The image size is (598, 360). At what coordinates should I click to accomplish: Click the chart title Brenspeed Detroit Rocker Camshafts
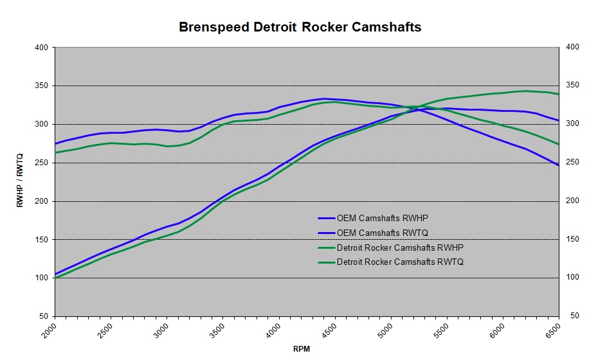(300, 28)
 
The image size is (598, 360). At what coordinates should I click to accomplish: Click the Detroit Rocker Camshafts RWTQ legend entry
(400, 262)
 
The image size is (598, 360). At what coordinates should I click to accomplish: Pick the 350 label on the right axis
(572, 85)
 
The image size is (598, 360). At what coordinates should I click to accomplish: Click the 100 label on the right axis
(572, 278)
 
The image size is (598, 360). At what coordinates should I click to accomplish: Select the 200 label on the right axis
(572, 201)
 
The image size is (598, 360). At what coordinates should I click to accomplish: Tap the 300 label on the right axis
(572, 124)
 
